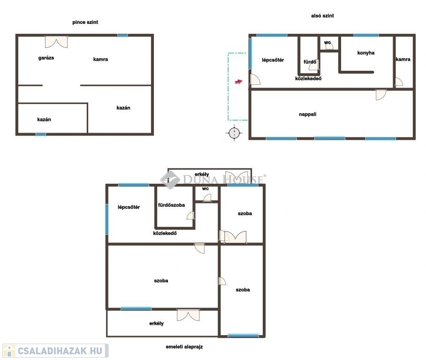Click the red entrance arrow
click(x=238, y=82)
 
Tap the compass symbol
click(x=234, y=133)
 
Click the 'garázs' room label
click(x=46, y=58)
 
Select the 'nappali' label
click(x=308, y=114)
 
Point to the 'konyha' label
click(x=365, y=52)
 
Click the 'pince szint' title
click(x=85, y=22)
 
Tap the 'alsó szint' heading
click(x=322, y=16)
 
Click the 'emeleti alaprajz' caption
click(x=184, y=347)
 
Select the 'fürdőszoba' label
click(x=171, y=205)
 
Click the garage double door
click(x=56, y=42)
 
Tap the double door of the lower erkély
click(x=188, y=315)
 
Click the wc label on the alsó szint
click(x=327, y=42)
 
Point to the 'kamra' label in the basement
click(x=100, y=59)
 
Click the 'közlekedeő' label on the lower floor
click(x=308, y=78)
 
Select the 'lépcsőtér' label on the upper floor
click(x=129, y=207)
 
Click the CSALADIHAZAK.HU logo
click(x=55, y=351)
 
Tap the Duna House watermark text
click(x=223, y=180)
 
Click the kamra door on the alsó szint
click(x=399, y=82)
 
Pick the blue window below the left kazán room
click(x=41, y=135)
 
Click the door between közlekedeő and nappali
click(x=381, y=95)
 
